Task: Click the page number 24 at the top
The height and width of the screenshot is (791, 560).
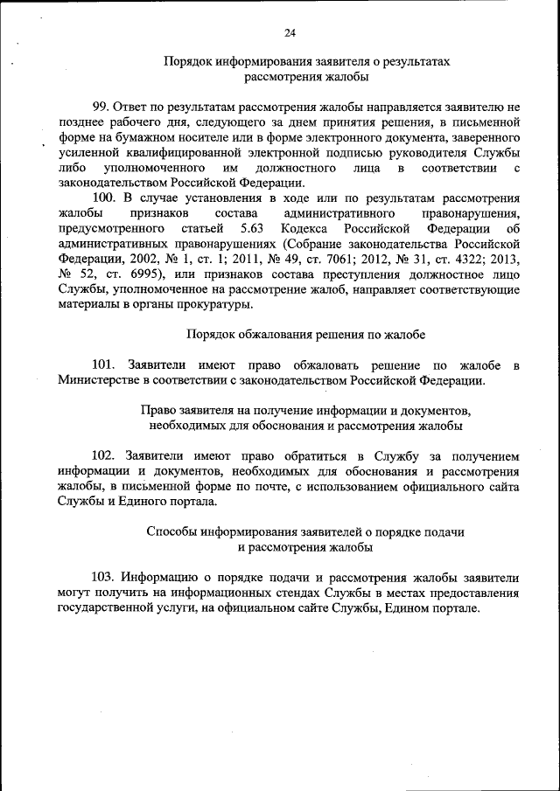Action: (x=290, y=33)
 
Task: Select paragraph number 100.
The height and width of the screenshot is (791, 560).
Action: (x=104, y=198)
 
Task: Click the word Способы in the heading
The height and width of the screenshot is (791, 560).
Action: (x=171, y=531)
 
